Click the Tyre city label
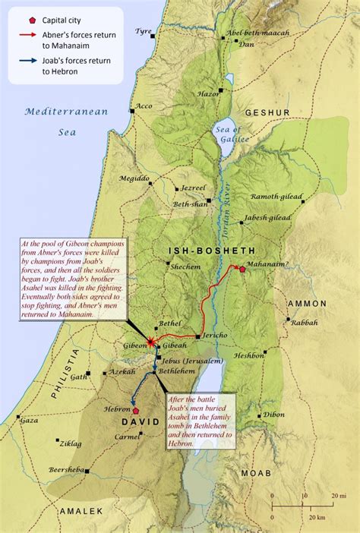(143, 32)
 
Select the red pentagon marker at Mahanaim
(242, 269)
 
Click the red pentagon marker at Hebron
(136, 411)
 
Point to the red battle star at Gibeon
(152, 342)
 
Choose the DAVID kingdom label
(141, 422)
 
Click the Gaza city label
(29, 420)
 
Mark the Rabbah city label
(304, 322)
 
